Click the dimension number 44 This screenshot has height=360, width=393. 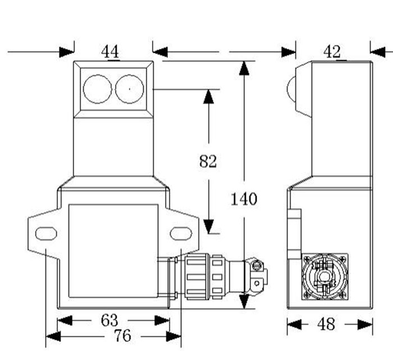110,52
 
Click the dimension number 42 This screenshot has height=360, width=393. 332,52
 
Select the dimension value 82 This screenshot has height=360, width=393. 208,161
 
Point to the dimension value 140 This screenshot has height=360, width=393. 244,198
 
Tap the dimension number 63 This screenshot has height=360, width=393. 109,320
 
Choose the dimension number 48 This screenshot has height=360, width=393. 326,323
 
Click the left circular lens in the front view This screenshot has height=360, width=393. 98,89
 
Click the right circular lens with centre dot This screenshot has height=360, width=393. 130,89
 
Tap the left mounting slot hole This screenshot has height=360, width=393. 45,233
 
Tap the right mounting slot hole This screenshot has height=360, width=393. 181,233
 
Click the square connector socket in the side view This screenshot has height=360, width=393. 325,276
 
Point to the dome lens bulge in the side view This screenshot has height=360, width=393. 291,87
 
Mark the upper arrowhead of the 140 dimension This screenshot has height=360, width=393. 244,69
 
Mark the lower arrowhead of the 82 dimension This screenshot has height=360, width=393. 208,225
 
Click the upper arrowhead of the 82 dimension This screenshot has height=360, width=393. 208,97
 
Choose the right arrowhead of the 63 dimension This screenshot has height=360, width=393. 162,320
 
